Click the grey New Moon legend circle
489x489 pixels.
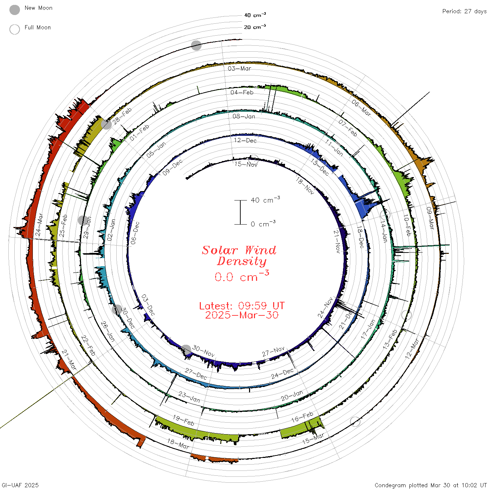point(14,10)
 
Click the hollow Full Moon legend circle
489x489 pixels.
point(14,29)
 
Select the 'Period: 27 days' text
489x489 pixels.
point(464,12)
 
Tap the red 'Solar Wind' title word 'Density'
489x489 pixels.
point(242,261)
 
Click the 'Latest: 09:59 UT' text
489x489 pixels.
point(242,306)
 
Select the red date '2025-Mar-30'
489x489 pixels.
point(242,315)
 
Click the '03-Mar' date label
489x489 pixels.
point(239,68)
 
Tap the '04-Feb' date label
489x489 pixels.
point(242,92)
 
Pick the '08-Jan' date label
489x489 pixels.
point(243,116)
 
